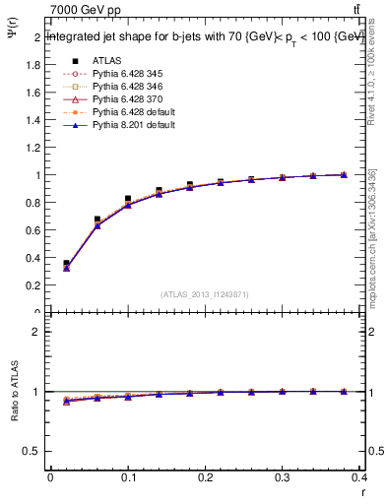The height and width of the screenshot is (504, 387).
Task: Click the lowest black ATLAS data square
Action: [66, 264]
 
